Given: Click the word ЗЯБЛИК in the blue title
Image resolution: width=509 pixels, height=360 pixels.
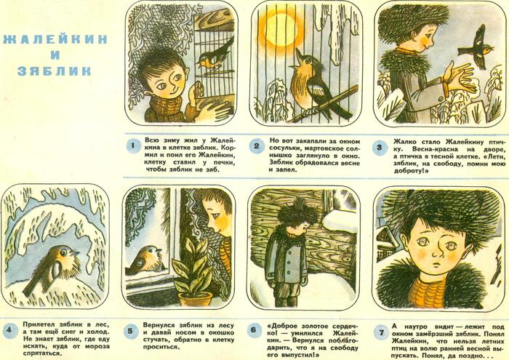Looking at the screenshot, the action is coord(55,71).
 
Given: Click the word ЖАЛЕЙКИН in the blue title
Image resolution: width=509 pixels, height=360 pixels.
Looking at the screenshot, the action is coord(55,39).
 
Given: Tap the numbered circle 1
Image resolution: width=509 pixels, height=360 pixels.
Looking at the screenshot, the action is coord(133,146).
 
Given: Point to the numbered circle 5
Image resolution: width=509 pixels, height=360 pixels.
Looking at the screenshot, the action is coord(130,331).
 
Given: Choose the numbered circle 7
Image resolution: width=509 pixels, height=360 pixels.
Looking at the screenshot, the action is coord(382,332).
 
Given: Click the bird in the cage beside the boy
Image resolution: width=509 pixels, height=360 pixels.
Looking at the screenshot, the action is coord(215,56).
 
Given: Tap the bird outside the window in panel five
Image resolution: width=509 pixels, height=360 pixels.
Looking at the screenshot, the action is coord(145,260).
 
